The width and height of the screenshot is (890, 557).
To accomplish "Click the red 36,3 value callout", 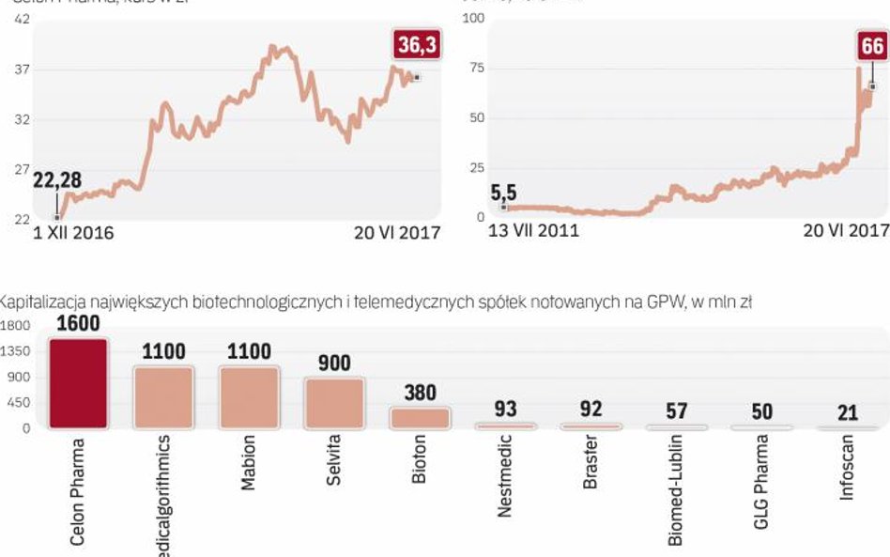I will coord(416,45).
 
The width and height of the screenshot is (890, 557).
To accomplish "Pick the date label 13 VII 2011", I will coord(534,230).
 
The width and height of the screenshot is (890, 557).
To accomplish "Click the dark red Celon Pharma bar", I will coord(78,383).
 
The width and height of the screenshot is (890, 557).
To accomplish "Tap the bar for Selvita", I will coord(333,404).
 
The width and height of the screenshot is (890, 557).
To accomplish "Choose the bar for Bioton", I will coord(420,418).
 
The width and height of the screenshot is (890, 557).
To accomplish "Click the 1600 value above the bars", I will coord(78,324).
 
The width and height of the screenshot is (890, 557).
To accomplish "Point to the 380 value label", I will coord(419,394).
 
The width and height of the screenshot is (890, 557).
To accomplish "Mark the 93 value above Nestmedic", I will coord(504,410).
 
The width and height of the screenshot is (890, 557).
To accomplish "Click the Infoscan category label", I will coord(847,468).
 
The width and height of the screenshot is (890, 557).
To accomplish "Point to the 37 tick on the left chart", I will coord(23,70).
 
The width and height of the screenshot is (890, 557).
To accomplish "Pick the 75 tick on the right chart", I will coord(476,69).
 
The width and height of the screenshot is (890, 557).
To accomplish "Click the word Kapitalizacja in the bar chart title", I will coord(43,302).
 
